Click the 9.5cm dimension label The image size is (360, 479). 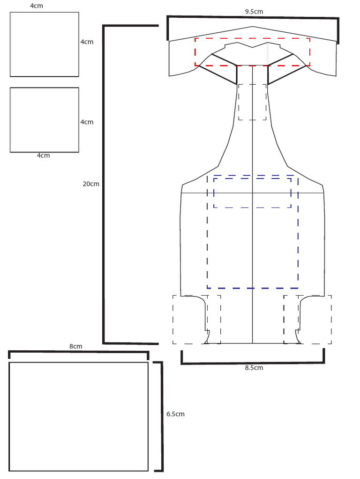point(254,12)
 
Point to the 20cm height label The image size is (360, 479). point(91,184)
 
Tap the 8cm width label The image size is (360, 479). point(75,347)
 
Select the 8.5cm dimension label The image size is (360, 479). point(254,368)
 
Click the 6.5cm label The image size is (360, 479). point(175,414)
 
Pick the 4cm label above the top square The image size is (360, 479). point(37,6)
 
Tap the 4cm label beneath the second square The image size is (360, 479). point(43,155)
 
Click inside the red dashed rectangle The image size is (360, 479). point(253,52)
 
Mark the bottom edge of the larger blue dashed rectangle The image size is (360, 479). point(253,288)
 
